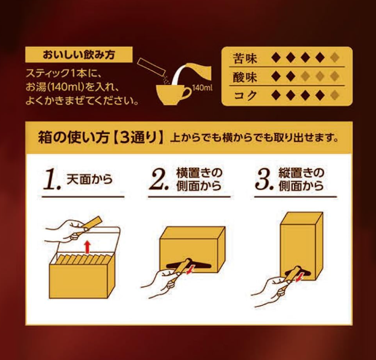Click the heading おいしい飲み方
coord(78,55)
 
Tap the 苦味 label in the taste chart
coord(245,58)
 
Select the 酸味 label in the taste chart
coord(245,77)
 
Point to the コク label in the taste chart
coord(245,95)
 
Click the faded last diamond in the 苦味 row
coord(334,57)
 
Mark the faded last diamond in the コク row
coord(334,95)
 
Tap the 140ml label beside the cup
coord(202,88)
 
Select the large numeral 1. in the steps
coord(52,180)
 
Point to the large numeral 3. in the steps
coord(264,180)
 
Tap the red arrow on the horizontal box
coord(190,270)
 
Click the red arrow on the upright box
coord(298,277)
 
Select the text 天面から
coord(89,180)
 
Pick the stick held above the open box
coord(92,223)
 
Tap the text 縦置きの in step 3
coord(301,172)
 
